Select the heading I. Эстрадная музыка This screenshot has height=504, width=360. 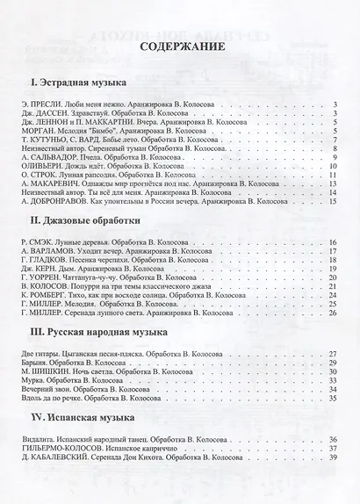point(71,83)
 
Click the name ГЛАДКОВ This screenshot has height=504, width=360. point(47,259)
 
